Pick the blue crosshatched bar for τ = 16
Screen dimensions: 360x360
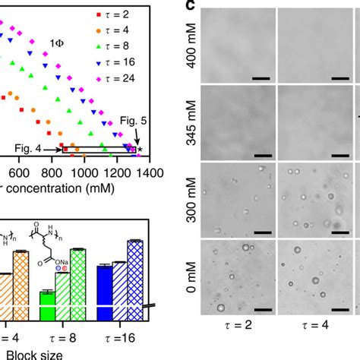pos(135,278)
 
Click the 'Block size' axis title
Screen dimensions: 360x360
pos(30,352)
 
